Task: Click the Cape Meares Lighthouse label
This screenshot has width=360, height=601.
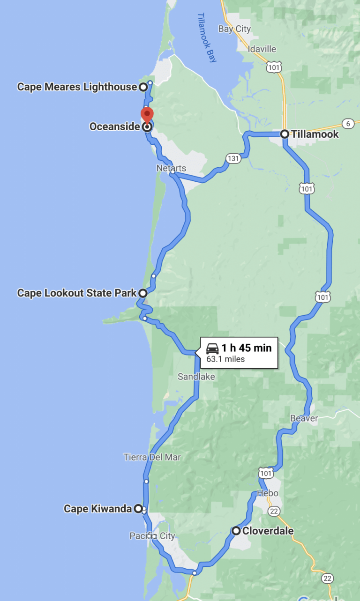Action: (x=77, y=87)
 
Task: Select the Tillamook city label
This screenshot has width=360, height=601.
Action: (x=315, y=134)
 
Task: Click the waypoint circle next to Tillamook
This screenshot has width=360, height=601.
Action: (x=285, y=134)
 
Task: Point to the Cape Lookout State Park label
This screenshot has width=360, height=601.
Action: (x=77, y=293)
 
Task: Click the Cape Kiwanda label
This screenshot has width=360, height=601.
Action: (x=97, y=508)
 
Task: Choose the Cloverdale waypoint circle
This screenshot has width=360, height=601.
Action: (x=236, y=531)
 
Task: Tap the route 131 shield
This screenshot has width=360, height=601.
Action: (x=233, y=158)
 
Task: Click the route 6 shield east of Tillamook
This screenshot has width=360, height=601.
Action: (x=347, y=124)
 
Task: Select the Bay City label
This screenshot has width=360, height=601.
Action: (x=234, y=29)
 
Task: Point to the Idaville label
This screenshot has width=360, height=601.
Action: (x=262, y=49)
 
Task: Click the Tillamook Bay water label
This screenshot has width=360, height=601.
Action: (x=207, y=37)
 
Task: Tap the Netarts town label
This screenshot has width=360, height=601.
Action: (x=172, y=168)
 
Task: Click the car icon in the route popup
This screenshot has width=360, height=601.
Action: (x=212, y=348)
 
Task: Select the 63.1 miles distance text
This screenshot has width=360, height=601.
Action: (x=225, y=359)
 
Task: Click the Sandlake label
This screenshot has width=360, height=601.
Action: (x=196, y=376)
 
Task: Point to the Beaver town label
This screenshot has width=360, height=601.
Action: (x=304, y=418)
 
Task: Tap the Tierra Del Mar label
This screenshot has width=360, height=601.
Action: (x=152, y=457)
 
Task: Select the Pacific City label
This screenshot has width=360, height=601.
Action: (x=152, y=536)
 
